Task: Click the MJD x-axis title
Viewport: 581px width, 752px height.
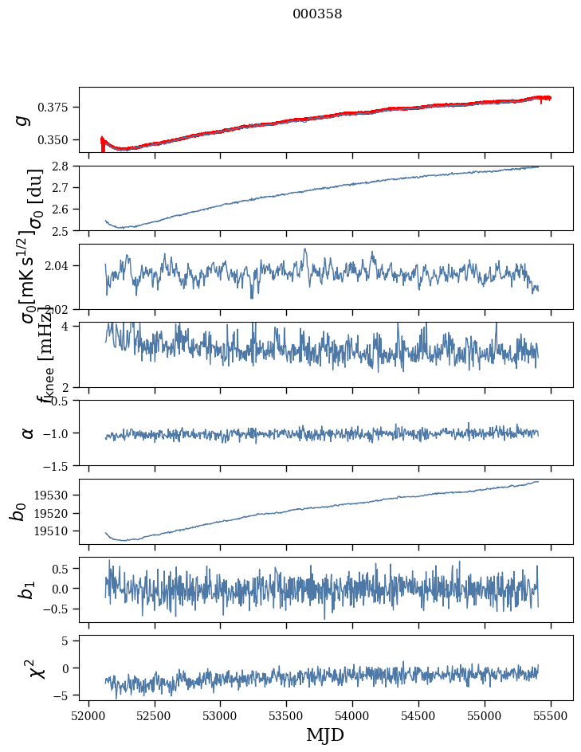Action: (325, 734)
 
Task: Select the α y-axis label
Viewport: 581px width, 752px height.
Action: (28, 433)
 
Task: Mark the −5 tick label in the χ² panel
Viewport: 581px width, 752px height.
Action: (67, 695)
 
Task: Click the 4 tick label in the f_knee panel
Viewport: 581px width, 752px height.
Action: (69, 327)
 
